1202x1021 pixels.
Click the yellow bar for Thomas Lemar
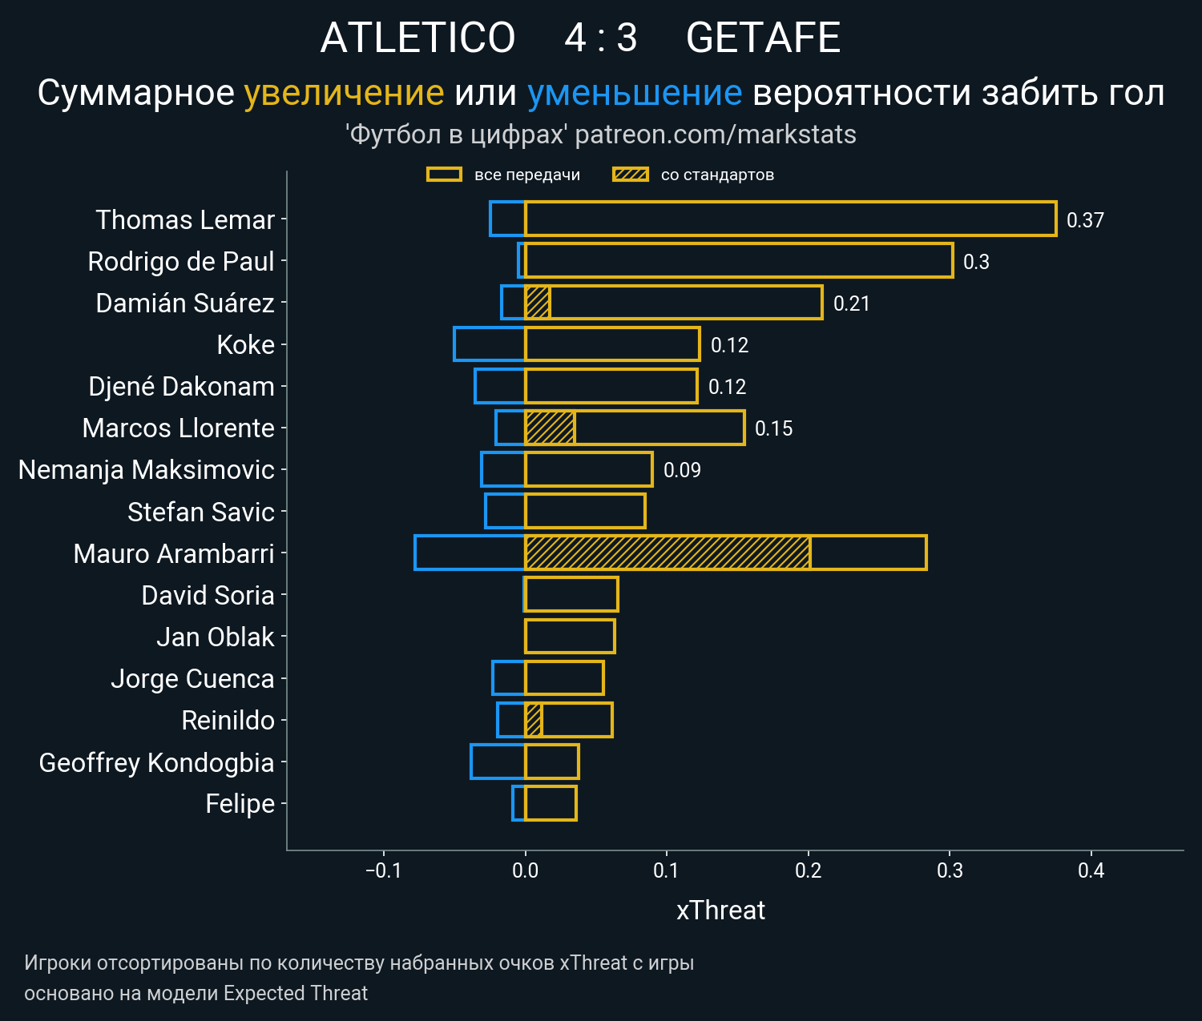point(789,219)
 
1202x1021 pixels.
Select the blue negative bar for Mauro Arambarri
point(470,553)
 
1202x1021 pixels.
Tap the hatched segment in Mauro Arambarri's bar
point(667,553)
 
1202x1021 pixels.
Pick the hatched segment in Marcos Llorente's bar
point(550,428)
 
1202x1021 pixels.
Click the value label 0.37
point(1085,220)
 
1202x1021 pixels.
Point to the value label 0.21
point(851,303)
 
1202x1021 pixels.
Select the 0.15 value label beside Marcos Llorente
point(773,428)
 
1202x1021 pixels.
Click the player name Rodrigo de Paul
point(181,261)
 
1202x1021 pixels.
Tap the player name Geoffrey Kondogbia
point(156,762)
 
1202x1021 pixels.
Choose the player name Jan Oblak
point(215,637)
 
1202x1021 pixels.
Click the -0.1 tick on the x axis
point(383,870)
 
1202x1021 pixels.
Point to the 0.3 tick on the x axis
point(950,870)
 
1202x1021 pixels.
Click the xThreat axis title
point(720,910)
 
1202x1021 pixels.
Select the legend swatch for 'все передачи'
point(444,175)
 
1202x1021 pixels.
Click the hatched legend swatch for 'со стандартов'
point(630,175)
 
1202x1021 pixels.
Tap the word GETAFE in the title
point(763,38)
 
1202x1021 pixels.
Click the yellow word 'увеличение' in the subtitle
point(344,93)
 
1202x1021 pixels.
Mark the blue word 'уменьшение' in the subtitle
point(635,93)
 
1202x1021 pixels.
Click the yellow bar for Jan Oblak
point(570,636)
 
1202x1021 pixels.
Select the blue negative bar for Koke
point(489,344)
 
